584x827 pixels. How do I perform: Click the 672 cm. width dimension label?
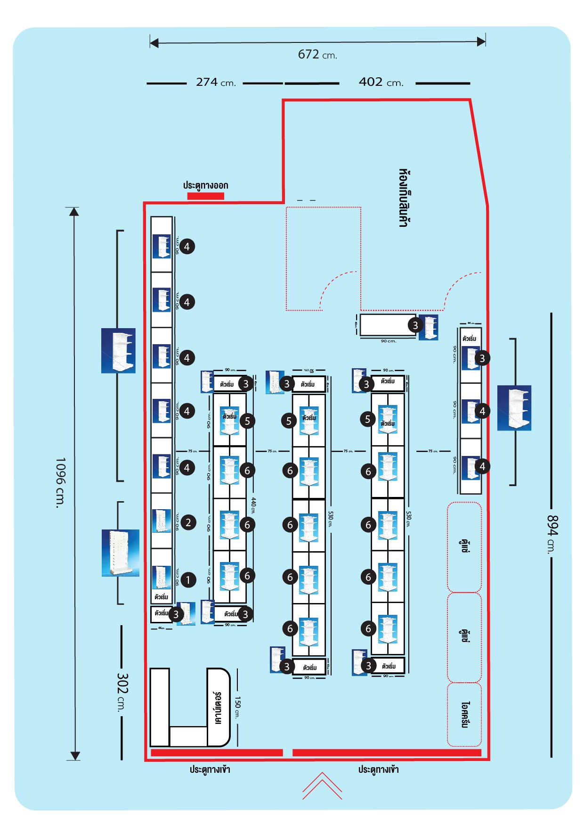click(x=317, y=55)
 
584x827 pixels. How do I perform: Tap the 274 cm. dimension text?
click(x=216, y=83)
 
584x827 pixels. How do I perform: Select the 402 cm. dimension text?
click(x=381, y=83)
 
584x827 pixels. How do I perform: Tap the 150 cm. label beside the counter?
click(x=238, y=707)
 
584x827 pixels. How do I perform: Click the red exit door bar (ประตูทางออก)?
click(x=206, y=196)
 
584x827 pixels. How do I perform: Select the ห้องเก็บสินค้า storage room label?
click(x=403, y=198)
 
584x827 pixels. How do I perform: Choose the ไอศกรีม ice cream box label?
click(x=465, y=715)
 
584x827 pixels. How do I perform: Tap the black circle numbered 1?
click(x=188, y=580)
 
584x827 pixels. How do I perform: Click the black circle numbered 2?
click(x=188, y=522)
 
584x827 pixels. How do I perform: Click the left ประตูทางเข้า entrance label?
click(x=210, y=769)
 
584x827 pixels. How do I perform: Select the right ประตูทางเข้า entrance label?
click(x=378, y=769)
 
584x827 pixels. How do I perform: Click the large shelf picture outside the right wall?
click(x=514, y=408)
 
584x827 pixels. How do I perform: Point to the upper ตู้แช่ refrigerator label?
click(x=464, y=547)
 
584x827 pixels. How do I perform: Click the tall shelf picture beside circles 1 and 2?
click(x=121, y=553)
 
